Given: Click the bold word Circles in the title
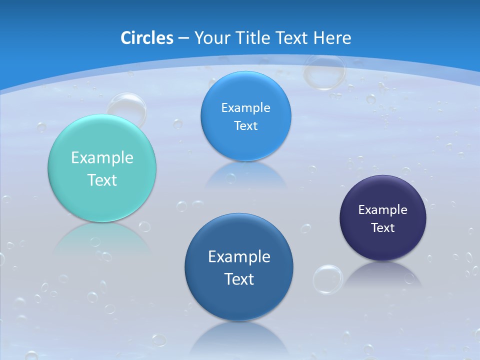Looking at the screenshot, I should [x=146, y=38].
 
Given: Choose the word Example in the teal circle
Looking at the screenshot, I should [x=102, y=158].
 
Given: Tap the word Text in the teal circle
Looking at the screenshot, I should [x=102, y=180].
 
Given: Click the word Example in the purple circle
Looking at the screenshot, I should [x=383, y=210].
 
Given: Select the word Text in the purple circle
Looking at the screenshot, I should [x=383, y=228].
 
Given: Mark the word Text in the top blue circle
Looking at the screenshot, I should [x=245, y=126].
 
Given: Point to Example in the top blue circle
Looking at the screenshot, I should [x=245, y=108].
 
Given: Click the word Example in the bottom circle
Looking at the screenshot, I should [x=239, y=257].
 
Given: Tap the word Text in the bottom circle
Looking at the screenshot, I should [x=239, y=279].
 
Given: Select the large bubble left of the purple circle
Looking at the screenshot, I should [x=328, y=279].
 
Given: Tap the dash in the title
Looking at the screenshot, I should [x=183, y=38].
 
